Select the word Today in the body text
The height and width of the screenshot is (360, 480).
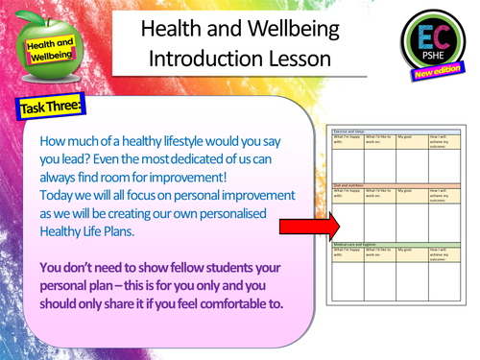[59, 194]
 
